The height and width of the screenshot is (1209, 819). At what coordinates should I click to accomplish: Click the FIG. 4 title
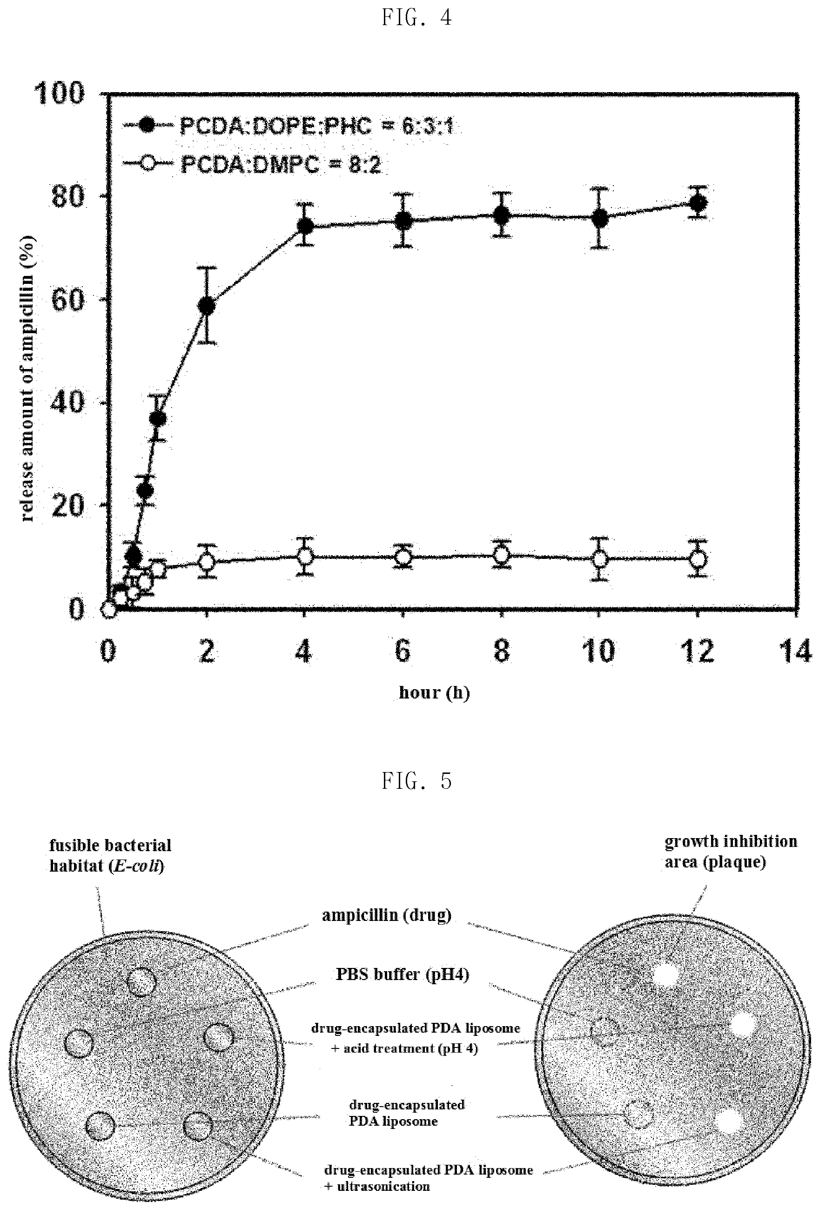click(x=417, y=18)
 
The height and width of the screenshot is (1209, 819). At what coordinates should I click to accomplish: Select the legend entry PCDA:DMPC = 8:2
click(x=252, y=164)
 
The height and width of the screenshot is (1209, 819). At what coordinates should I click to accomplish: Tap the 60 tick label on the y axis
click(x=67, y=300)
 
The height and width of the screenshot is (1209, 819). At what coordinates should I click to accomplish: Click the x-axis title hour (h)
click(x=434, y=693)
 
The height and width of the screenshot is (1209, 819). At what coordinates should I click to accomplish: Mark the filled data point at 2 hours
click(x=207, y=306)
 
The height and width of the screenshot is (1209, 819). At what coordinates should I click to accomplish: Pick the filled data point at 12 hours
click(x=698, y=203)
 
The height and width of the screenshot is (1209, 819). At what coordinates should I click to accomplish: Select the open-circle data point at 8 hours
click(x=501, y=555)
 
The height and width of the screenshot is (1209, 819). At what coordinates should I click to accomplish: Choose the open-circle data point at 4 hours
click(x=305, y=557)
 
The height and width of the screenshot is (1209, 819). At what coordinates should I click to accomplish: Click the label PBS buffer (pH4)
click(x=403, y=974)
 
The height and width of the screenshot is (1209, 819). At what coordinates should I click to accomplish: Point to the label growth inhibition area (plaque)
click(x=731, y=852)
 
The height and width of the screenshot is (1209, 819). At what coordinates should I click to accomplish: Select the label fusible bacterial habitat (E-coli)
click(x=110, y=856)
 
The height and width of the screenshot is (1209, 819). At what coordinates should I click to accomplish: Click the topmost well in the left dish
click(x=141, y=982)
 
